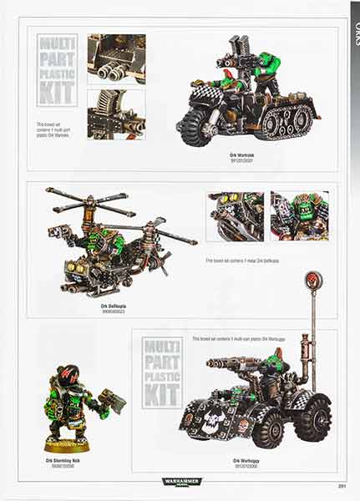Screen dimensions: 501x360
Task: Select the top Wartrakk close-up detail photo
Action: pos(116,58)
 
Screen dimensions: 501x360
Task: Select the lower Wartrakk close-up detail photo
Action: pos(116,114)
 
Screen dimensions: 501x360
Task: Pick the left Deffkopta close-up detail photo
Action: pos(235,216)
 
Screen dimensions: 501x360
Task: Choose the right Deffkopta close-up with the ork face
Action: pos(299,216)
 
